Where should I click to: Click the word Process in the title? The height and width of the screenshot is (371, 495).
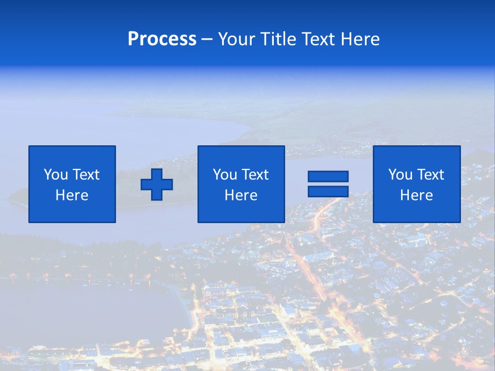(162, 39)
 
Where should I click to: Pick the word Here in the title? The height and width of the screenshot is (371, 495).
(360, 39)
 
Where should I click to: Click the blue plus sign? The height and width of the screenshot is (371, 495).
(157, 184)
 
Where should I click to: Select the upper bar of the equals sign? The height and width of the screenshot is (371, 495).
(328, 177)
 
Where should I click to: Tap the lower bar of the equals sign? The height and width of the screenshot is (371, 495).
(328, 192)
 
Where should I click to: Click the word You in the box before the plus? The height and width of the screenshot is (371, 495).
(55, 175)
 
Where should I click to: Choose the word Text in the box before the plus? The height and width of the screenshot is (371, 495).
(85, 175)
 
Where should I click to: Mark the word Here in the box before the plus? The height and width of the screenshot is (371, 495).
(72, 195)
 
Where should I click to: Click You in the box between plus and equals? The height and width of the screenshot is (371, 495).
(224, 175)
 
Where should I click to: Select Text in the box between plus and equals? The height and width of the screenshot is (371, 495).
(254, 175)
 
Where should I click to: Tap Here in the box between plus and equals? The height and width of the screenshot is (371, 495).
(241, 195)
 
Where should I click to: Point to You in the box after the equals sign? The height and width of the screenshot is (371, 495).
(400, 175)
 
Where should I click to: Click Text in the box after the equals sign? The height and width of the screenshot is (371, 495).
(430, 175)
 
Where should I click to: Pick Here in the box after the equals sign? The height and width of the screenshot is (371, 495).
(416, 195)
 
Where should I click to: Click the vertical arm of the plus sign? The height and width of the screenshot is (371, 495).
(157, 174)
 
